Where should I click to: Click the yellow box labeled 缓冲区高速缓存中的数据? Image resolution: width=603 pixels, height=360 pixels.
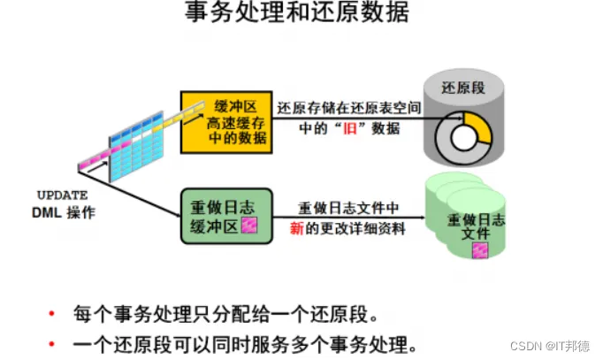tap(226, 121)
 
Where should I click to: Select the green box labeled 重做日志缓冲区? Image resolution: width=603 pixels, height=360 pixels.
tap(223, 215)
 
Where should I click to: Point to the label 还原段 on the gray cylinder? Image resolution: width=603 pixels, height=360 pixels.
tap(463, 88)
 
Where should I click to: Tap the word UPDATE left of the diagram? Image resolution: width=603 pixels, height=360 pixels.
tap(62, 195)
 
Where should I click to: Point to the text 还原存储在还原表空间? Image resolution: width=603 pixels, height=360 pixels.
tap(347, 108)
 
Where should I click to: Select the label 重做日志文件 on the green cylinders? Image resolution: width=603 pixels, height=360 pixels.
tap(477, 226)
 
